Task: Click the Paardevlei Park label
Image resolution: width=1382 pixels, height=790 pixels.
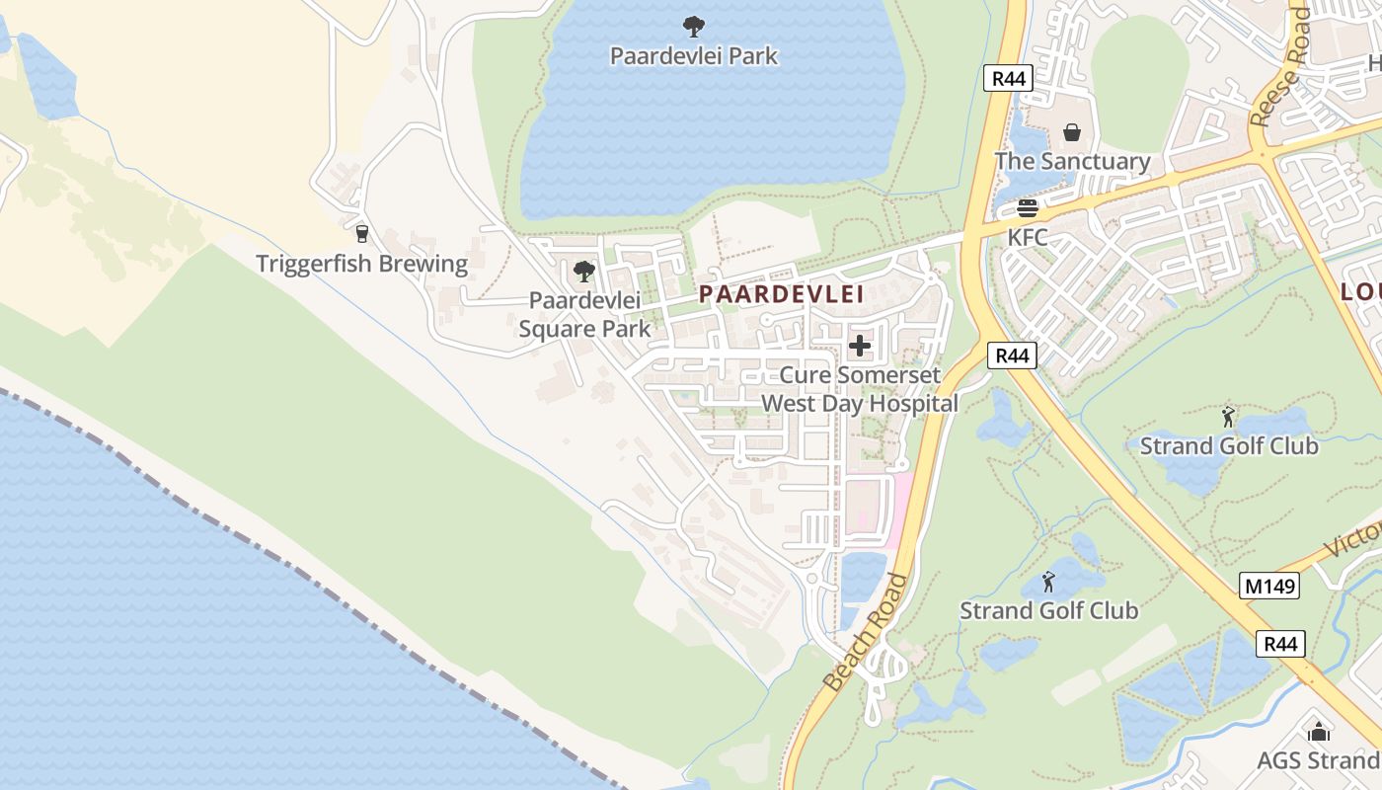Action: point(694,56)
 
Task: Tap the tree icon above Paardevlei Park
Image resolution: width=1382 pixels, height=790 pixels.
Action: point(694,27)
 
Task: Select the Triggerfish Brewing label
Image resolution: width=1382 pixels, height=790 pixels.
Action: point(361,264)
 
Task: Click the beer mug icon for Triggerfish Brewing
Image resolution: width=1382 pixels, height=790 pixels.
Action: point(361,234)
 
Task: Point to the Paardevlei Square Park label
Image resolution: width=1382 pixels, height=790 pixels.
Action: point(584,314)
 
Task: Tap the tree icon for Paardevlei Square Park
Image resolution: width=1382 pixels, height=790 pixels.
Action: point(584,271)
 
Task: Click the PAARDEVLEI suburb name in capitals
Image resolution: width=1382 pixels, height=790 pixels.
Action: point(782,293)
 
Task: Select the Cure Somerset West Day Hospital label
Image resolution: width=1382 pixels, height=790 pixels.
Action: point(860,389)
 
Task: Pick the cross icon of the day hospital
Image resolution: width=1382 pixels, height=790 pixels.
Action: point(860,346)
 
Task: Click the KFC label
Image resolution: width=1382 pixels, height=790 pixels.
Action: point(1027,238)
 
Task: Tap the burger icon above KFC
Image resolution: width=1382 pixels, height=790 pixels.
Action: point(1027,208)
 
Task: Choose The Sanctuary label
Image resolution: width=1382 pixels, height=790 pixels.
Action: point(1072,161)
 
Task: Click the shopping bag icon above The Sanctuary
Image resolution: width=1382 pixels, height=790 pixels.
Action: point(1072,132)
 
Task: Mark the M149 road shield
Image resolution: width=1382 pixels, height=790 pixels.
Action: point(1269,586)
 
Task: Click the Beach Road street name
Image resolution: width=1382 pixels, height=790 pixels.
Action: point(865,632)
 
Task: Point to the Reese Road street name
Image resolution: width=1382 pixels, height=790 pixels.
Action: point(1279,67)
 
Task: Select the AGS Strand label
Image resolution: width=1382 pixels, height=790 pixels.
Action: point(1318,760)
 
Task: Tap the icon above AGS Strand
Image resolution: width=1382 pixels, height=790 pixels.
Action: point(1318,732)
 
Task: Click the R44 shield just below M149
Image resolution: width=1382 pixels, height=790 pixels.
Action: point(1280,644)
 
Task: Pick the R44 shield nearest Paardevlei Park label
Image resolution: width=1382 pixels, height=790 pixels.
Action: point(1008,78)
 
